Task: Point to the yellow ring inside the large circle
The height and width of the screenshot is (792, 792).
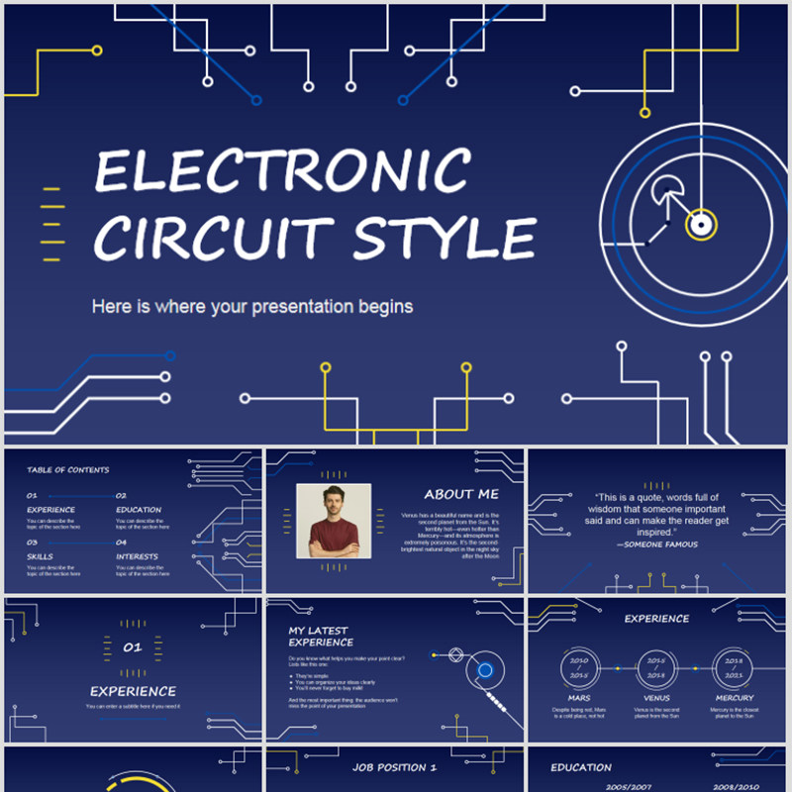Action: click(x=701, y=223)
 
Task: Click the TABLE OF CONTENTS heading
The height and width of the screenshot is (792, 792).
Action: click(x=68, y=470)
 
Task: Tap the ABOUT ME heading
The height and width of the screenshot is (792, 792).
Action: click(x=461, y=494)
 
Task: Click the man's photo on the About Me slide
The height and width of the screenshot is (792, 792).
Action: click(x=334, y=522)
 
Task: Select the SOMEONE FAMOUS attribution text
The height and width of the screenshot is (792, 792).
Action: click(x=657, y=544)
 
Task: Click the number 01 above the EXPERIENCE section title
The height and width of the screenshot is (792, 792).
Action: click(x=133, y=647)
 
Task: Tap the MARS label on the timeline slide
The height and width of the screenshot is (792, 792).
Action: click(x=578, y=698)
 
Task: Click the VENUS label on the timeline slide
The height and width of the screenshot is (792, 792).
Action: click(x=656, y=698)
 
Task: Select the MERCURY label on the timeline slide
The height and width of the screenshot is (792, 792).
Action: click(x=734, y=698)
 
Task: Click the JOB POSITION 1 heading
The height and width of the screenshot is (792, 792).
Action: click(x=394, y=767)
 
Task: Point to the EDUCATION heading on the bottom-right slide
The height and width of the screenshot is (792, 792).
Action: click(x=581, y=767)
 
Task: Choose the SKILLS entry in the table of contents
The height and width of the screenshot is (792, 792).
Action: click(x=42, y=556)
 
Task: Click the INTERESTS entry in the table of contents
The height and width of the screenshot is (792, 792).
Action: click(x=137, y=556)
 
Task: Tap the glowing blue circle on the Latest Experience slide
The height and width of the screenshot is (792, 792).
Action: click(x=485, y=670)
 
